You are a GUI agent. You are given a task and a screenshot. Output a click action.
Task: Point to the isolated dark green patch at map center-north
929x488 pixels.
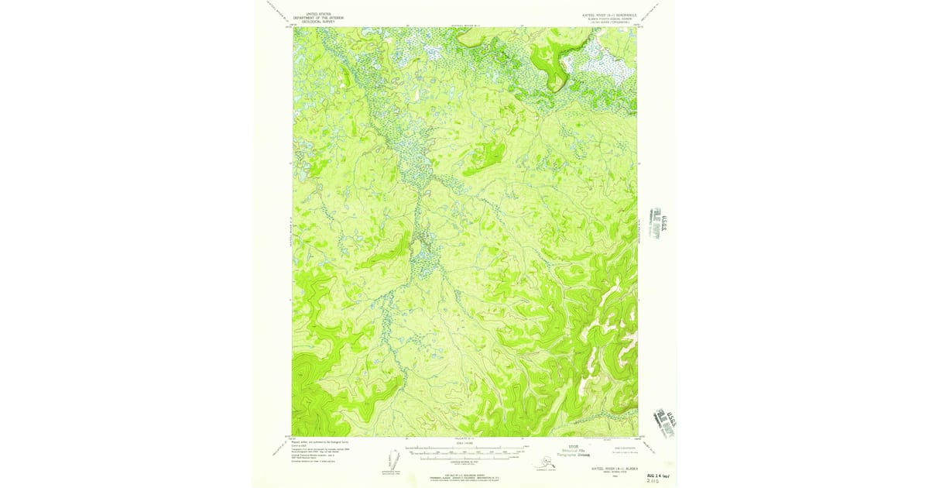coord(485,158)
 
